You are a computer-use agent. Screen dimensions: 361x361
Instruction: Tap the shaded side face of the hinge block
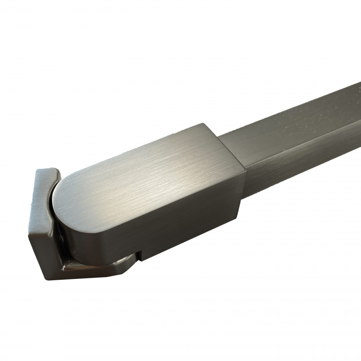[180, 221]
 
